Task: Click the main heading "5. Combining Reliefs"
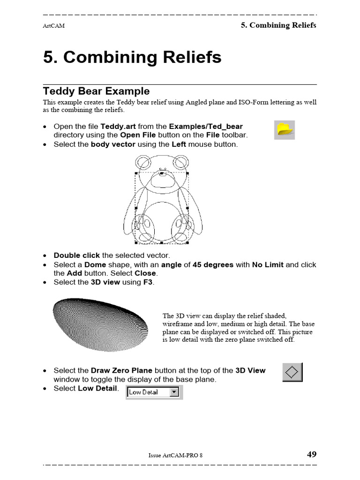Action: tap(132, 58)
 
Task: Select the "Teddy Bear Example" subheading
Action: tap(96, 91)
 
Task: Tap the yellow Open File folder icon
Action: tap(285, 129)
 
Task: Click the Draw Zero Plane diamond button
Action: tap(292, 372)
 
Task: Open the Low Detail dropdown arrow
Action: tap(175, 392)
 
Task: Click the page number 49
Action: tap(311, 454)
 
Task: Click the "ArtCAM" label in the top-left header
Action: tap(53, 26)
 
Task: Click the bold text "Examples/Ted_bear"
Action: tap(206, 127)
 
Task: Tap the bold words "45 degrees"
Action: tap(213, 264)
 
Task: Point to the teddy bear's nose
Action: tap(162, 173)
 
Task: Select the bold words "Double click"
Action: tap(76, 255)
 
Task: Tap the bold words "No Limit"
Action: tap(268, 264)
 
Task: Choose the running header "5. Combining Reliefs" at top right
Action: tap(278, 25)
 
